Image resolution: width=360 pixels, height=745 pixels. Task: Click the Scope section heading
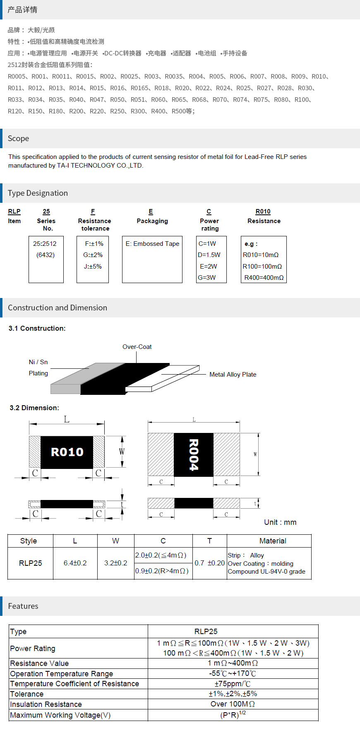(18, 139)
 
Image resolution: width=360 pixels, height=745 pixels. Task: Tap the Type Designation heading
(38, 193)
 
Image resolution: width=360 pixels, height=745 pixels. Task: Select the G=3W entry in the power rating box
(206, 278)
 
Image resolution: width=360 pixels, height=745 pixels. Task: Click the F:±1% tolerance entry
(94, 244)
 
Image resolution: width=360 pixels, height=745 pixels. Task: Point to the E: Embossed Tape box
(152, 260)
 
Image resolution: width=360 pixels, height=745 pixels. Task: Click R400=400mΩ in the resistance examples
(264, 278)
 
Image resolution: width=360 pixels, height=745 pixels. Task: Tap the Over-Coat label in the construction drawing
(137, 347)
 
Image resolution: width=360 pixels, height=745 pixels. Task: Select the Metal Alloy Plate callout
(233, 375)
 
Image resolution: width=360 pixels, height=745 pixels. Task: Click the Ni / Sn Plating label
(38, 368)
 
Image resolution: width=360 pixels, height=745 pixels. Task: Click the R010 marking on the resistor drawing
(67, 452)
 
